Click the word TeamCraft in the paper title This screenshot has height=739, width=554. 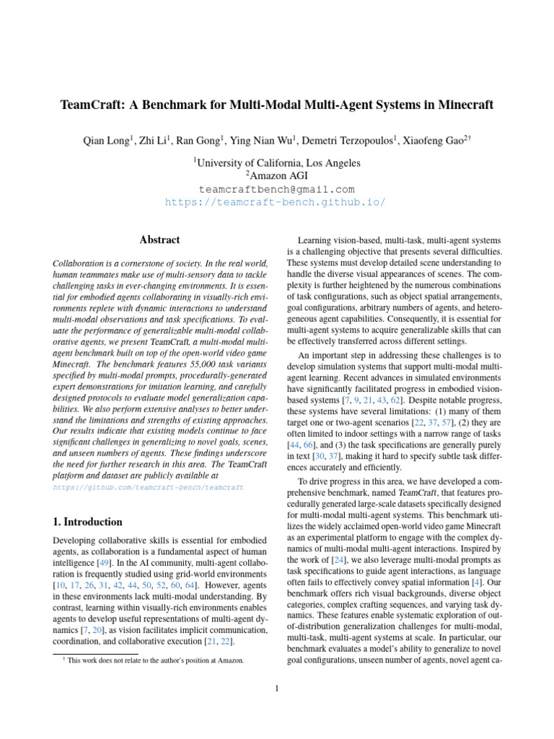tap(88, 105)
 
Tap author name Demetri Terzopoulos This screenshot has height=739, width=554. tap(353, 141)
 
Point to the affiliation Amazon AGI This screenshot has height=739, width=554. tap(277, 176)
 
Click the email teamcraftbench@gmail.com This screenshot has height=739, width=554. tap(276, 189)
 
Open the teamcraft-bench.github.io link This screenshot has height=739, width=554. tap(276, 202)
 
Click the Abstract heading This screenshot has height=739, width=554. tap(159, 240)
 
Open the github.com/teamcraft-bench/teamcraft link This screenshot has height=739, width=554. tap(149, 488)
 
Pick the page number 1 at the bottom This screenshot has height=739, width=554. tap(277, 688)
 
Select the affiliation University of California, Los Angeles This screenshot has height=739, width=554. tap(277, 163)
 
